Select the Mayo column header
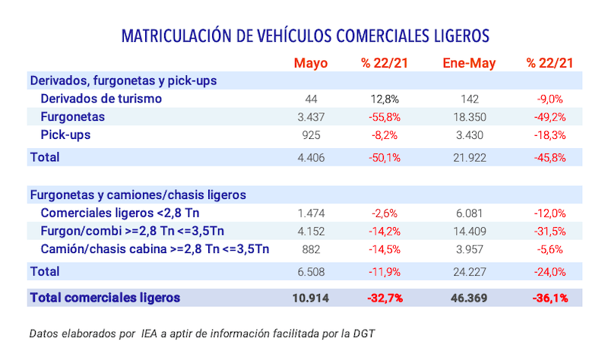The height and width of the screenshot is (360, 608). pyautogui.click(x=310, y=63)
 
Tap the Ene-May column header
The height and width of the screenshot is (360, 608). pyautogui.click(x=468, y=63)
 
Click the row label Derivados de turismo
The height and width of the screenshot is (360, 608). pyautogui.click(x=101, y=99)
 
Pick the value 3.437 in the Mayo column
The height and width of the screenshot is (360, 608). pyautogui.click(x=312, y=117)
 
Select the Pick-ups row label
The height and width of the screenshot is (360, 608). pyautogui.click(x=67, y=135)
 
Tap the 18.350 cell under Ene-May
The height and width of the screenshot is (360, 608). pyautogui.click(x=469, y=117)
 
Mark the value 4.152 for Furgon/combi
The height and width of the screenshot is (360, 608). pyautogui.click(x=312, y=231)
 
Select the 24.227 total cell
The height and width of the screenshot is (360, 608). pyautogui.click(x=469, y=271)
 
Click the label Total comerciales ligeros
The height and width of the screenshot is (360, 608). pyautogui.click(x=105, y=298)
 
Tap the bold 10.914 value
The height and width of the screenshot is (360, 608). pyautogui.click(x=310, y=298)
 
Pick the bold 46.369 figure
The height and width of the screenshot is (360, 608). pyautogui.click(x=469, y=298)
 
